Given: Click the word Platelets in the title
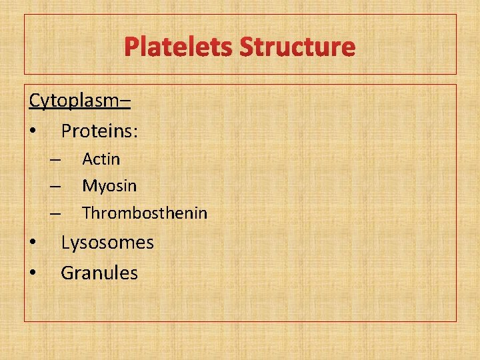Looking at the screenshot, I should pos(179,47).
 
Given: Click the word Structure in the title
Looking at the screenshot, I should pos(297,47).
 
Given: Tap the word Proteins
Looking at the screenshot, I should pos(99,131).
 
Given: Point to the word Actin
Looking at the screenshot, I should pos(101,159).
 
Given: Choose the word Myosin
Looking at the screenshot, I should pos(109,186).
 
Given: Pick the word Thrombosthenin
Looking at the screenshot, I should pos(145,213).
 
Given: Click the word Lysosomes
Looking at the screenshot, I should pos(107,243).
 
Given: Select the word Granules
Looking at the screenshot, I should pos(99,273).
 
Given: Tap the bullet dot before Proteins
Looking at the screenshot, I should pos(33,132).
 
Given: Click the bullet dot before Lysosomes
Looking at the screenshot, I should pos(33,243).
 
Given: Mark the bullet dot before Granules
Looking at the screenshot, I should pos(33,273).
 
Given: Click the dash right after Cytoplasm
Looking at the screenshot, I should pos(126,103).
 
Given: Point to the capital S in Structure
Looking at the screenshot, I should pos(247,47).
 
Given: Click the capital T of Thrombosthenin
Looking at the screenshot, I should pos(87,213).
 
